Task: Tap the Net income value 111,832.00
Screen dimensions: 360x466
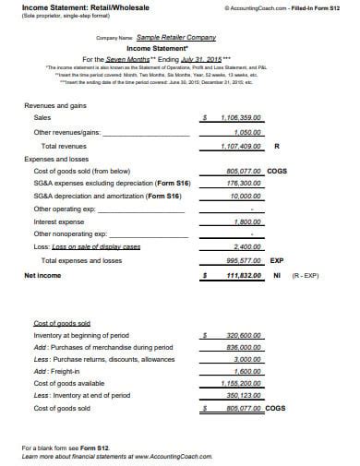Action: coord(244,275)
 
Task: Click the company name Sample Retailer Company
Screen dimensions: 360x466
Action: coord(174,37)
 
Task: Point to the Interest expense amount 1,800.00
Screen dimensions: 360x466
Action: coord(247,222)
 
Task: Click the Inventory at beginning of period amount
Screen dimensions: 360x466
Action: coord(245,336)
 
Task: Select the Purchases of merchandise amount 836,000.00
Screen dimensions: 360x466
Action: coord(245,348)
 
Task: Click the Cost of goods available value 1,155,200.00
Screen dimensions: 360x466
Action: coord(242,384)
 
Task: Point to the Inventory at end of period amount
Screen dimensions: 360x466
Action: coord(245,396)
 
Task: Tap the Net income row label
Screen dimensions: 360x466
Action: coord(42,275)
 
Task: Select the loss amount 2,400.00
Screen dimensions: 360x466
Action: coord(247,248)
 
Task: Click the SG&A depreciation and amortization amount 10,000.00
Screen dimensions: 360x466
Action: coord(246,197)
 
